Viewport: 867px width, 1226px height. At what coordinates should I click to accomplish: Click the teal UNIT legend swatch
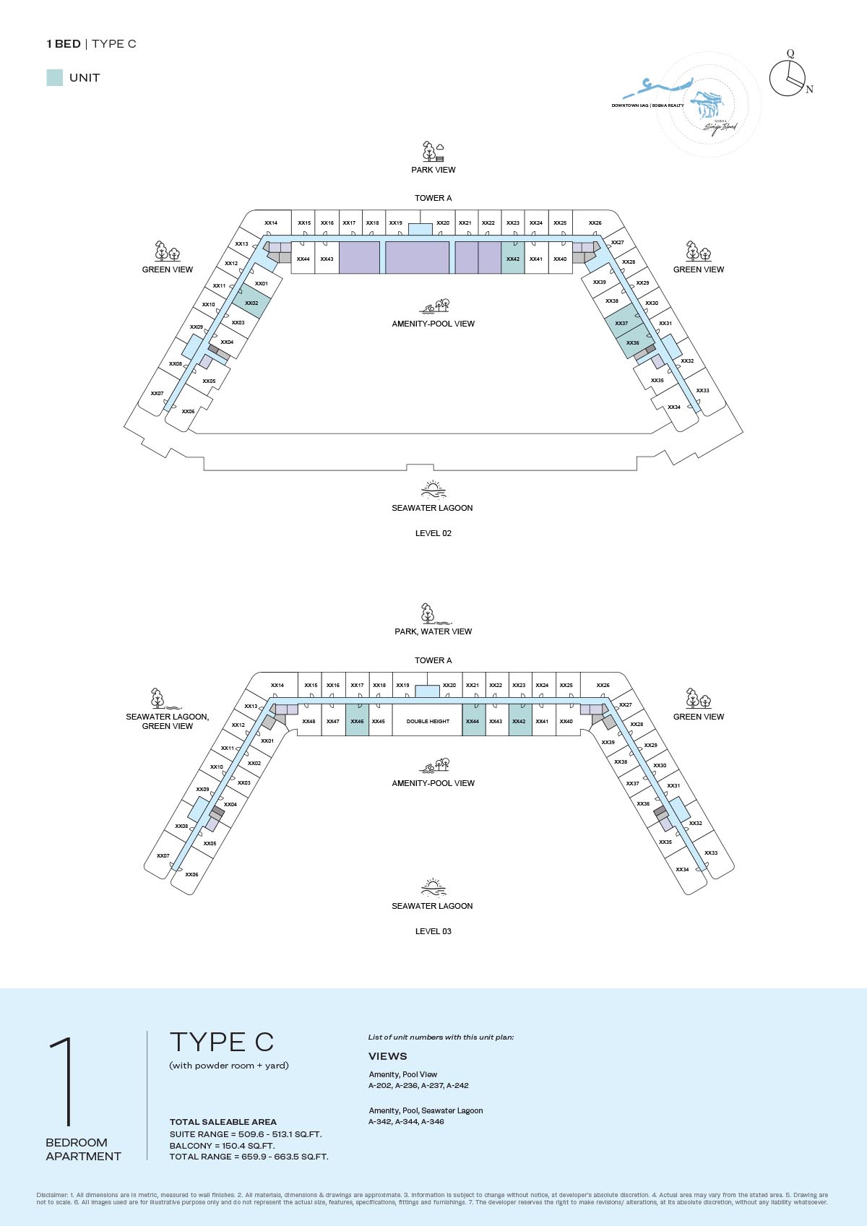click(x=54, y=78)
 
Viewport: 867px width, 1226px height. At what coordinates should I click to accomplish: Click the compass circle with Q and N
click(x=787, y=78)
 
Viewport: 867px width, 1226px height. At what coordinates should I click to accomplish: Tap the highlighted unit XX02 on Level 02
click(x=251, y=303)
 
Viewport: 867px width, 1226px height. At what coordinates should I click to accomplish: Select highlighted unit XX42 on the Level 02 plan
click(x=513, y=258)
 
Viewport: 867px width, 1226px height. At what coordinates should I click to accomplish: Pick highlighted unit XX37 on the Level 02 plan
click(x=621, y=322)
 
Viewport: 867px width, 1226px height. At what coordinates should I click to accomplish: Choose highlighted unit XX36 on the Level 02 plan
click(x=633, y=342)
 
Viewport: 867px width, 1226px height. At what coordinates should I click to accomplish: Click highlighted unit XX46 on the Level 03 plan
click(x=357, y=721)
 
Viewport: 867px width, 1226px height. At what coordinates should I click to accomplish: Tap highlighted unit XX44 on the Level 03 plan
click(x=473, y=721)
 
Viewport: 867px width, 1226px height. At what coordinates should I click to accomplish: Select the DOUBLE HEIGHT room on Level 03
click(x=428, y=721)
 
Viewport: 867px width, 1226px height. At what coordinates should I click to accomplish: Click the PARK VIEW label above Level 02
click(x=433, y=170)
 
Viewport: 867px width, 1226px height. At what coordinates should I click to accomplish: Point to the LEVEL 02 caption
click(x=433, y=533)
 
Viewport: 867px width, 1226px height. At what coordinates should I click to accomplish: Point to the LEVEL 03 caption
click(x=433, y=931)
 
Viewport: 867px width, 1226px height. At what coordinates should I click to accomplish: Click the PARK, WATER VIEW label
click(x=433, y=631)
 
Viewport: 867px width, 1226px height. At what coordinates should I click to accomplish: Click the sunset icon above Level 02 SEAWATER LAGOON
click(x=433, y=490)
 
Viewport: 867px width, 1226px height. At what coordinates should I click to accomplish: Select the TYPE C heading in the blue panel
click(x=222, y=1042)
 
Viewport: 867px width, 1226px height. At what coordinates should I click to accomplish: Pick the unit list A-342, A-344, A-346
click(x=406, y=1122)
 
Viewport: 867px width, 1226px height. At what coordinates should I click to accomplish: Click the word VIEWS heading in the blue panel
click(x=388, y=1056)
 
